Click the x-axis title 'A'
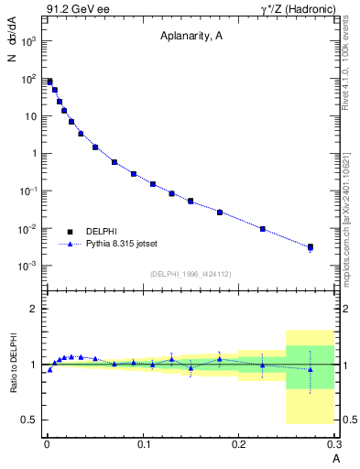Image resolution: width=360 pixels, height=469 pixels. point(335,457)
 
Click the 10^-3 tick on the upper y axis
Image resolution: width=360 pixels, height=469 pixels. point(28,266)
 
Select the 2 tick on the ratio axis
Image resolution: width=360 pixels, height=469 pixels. point(33,309)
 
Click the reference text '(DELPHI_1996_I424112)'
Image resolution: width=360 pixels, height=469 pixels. point(191,272)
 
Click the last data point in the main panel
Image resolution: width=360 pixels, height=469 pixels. point(311,246)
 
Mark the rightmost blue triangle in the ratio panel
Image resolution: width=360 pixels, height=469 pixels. point(311,370)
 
